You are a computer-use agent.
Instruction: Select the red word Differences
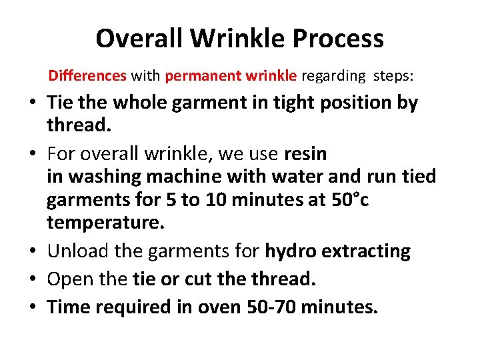point(87,76)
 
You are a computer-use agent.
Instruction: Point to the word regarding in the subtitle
point(333,76)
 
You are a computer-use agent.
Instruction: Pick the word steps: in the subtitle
point(393,76)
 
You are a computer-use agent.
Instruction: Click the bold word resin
point(305,154)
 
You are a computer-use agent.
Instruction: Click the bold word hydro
point(290,251)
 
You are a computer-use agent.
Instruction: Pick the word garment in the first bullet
point(192,103)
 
